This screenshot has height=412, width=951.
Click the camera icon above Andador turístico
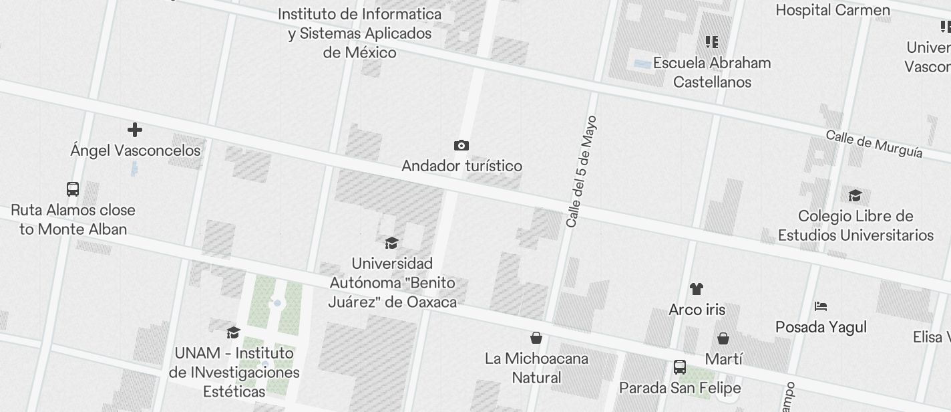461,145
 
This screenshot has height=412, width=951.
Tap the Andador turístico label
461,166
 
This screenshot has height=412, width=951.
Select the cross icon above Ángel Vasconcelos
135,129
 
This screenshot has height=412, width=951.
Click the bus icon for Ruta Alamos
73,189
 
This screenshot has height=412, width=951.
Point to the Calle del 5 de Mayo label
580,172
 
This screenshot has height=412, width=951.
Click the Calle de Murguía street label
874,144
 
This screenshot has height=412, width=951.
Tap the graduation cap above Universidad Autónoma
392,243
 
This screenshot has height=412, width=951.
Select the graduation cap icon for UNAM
233,332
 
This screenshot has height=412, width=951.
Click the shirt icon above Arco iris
697,289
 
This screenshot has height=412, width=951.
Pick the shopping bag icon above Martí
723,338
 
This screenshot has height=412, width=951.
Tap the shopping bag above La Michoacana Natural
536,338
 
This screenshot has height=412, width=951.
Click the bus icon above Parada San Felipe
680,367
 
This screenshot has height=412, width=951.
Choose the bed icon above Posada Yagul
821,306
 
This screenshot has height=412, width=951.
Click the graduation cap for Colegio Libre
855,195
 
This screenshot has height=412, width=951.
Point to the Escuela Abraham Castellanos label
712,72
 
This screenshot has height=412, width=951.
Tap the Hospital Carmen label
832,10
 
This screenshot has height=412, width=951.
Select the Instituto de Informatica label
359,33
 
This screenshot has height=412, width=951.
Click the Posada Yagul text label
821,327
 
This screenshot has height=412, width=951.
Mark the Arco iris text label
697,310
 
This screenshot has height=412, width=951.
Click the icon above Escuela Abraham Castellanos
712,42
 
